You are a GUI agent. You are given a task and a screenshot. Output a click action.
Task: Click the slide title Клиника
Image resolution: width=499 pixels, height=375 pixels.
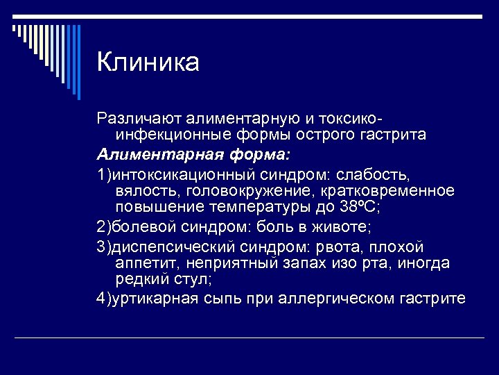pos(148,62)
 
